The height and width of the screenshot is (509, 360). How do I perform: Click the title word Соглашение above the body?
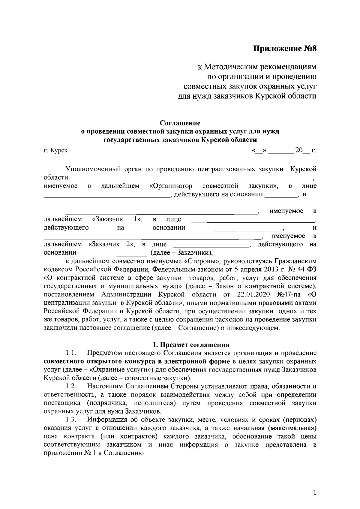point(180,123)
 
